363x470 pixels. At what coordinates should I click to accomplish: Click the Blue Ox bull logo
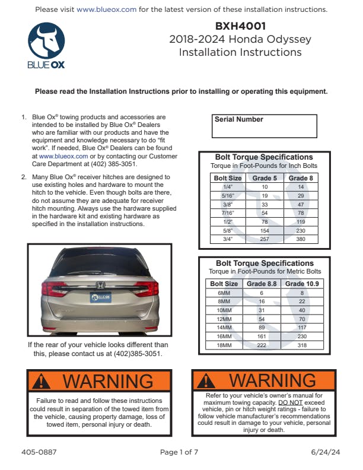coord(46,42)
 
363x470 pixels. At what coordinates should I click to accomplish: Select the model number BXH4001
coord(240,26)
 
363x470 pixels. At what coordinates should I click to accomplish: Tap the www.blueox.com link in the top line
coord(107,9)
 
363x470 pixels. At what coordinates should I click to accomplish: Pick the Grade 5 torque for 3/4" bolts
coord(265,240)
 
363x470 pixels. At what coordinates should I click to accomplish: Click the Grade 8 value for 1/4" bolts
coord(301,186)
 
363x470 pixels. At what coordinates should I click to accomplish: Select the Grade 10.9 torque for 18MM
coord(302,345)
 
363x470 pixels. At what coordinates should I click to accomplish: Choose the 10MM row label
coord(224,310)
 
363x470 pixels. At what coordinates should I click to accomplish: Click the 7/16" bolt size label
coord(227,213)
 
